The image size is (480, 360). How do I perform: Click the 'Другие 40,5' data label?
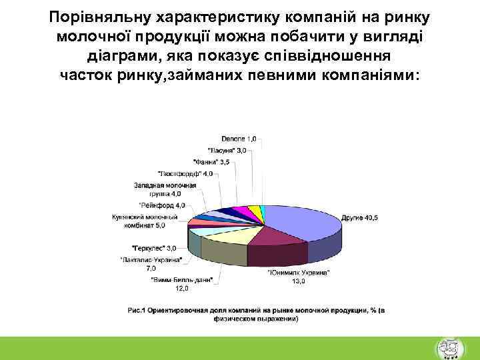click(361, 217)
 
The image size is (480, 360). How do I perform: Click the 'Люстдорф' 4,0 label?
click(186, 173)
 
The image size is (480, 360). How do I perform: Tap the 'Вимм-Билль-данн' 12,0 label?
click(181, 285)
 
